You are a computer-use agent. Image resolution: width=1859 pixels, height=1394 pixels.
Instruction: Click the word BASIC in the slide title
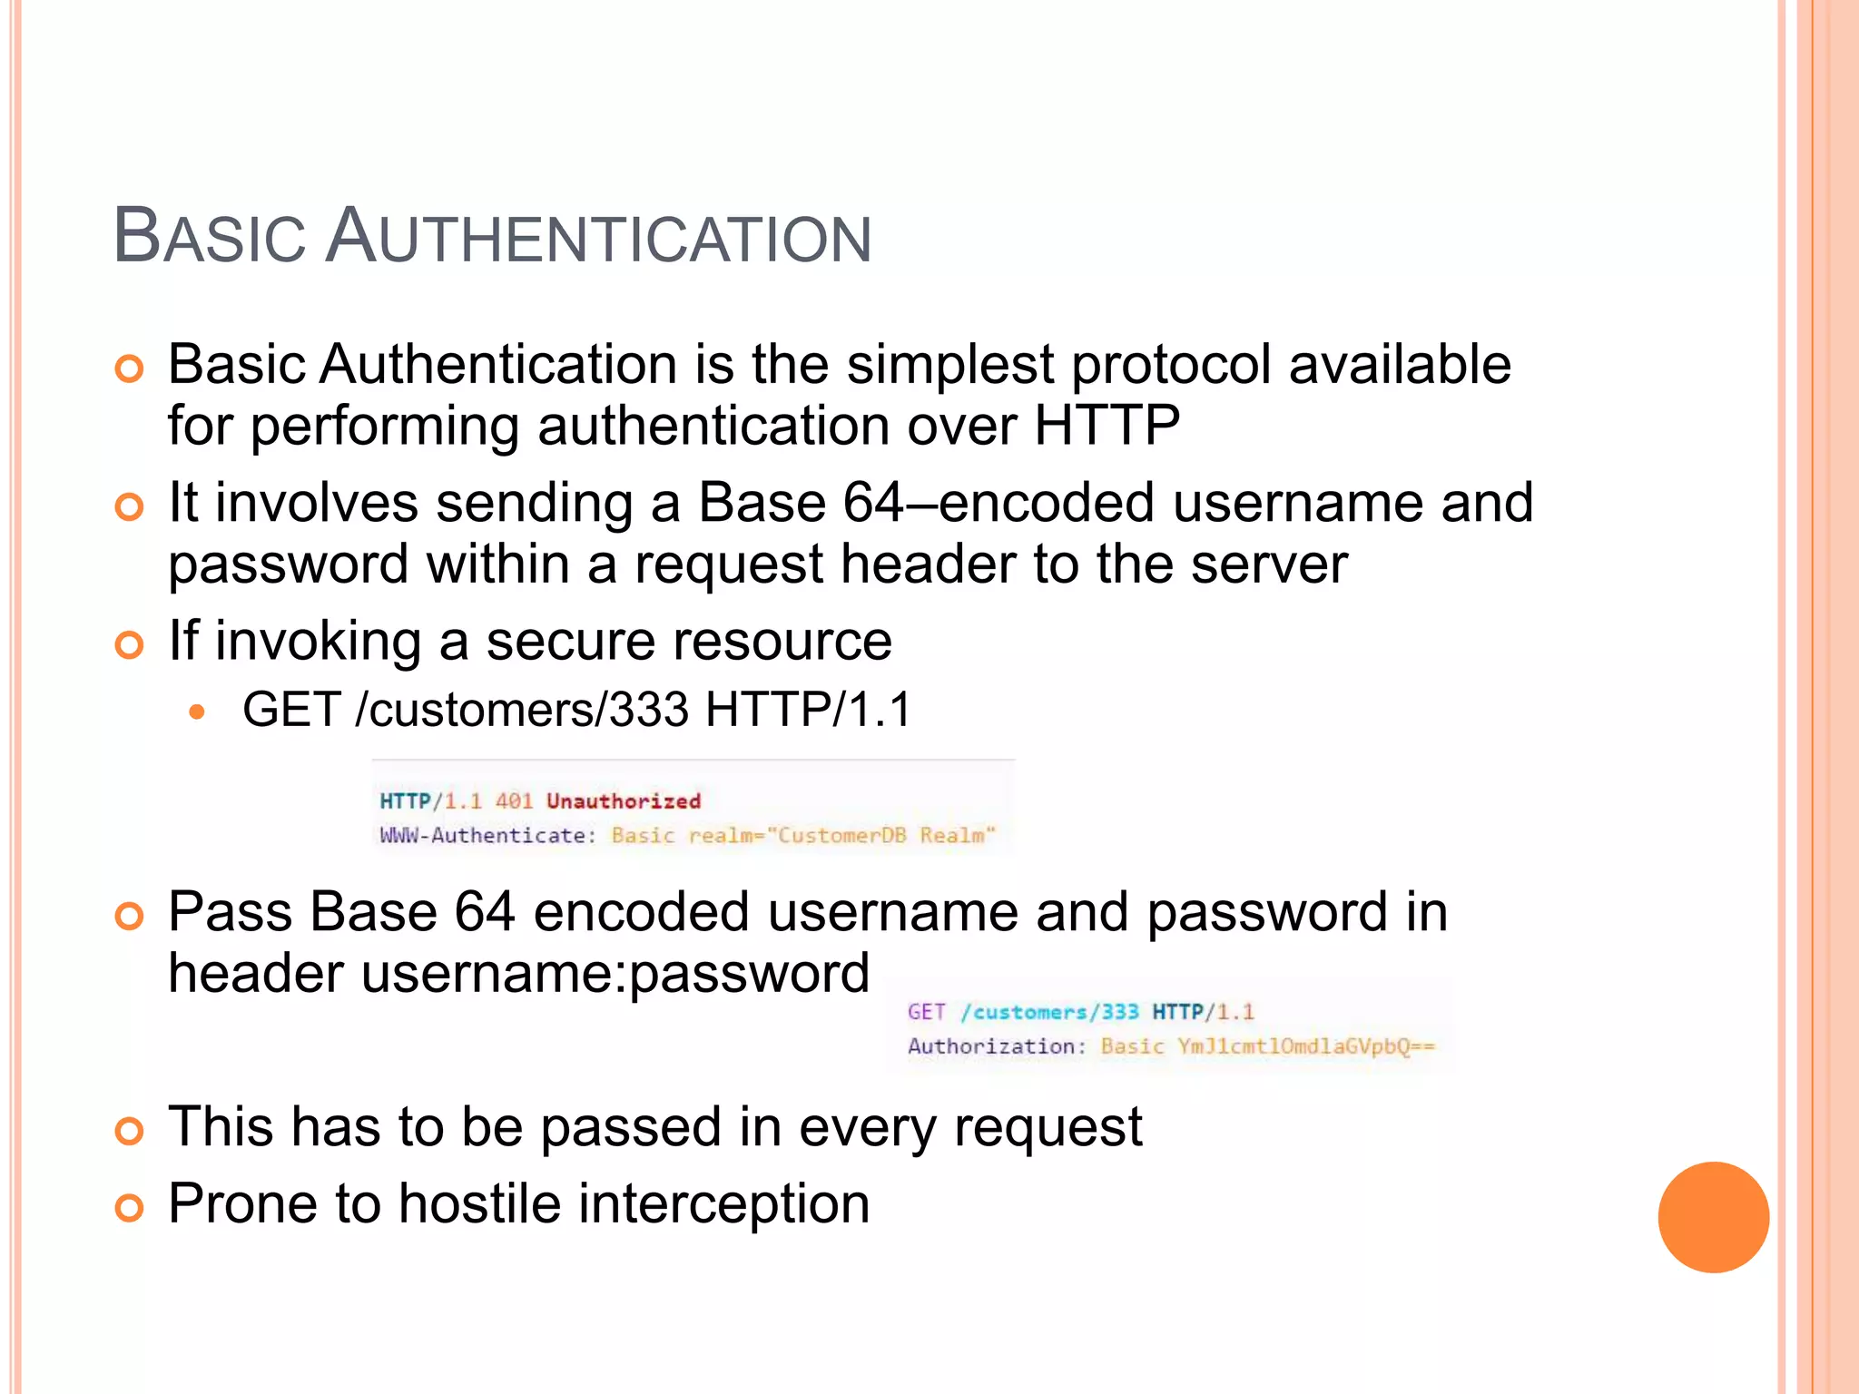tap(210, 237)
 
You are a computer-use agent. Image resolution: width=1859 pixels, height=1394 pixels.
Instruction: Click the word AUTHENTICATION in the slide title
tap(598, 237)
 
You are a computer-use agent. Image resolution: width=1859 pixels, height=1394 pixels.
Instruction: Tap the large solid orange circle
tap(1713, 1217)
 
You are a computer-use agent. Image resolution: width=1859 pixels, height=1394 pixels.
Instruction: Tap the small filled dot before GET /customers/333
tap(197, 712)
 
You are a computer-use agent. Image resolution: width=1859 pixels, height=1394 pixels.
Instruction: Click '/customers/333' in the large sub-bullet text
tap(522, 710)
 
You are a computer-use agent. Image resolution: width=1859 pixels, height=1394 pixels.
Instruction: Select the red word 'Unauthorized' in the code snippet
tap(624, 801)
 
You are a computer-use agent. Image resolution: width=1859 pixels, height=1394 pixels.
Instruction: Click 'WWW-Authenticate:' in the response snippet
tap(487, 836)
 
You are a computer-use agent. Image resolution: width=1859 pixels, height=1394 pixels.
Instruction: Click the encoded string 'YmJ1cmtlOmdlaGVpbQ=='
tap(1306, 1047)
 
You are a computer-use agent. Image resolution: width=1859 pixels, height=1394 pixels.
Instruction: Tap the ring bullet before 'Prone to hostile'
tap(130, 1208)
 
